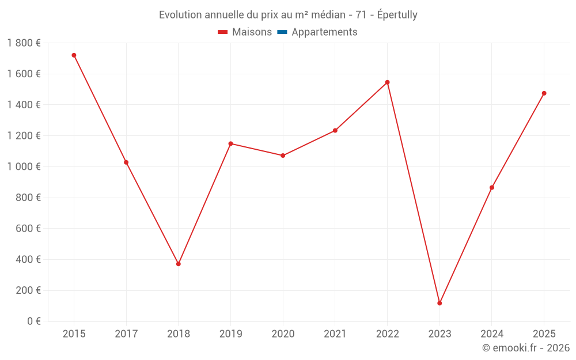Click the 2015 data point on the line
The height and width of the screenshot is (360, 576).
pyautogui.click(x=74, y=55)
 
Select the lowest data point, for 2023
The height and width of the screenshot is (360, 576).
pyautogui.click(x=439, y=303)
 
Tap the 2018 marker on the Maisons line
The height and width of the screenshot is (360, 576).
pyautogui.click(x=179, y=264)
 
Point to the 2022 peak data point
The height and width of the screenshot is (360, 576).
pyautogui.click(x=387, y=82)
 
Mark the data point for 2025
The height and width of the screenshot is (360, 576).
pyautogui.click(x=544, y=93)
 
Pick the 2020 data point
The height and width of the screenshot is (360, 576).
pyautogui.click(x=283, y=156)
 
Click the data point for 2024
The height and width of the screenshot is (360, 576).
pyautogui.click(x=491, y=188)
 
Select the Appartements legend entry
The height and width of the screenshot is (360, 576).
pyautogui.click(x=324, y=32)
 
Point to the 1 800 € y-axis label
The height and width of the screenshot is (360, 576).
pyautogui.click(x=24, y=43)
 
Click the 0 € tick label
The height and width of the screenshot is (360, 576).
pyautogui.click(x=34, y=321)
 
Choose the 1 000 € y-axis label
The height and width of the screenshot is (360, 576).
pyautogui.click(x=24, y=166)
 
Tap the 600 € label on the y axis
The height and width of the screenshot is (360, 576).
pyautogui.click(x=29, y=228)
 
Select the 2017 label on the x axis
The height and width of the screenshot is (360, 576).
pyautogui.click(x=126, y=334)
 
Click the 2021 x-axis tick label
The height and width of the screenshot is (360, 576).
pyautogui.click(x=335, y=334)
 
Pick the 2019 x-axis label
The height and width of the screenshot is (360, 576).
pyautogui.click(x=230, y=334)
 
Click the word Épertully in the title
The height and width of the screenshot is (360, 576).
pyautogui.click(x=397, y=15)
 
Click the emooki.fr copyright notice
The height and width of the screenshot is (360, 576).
pyautogui.click(x=526, y=348)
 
